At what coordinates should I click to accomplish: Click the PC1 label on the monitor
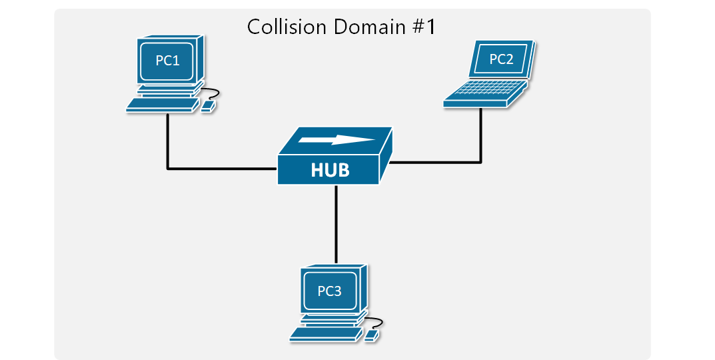click(x=167, y=61)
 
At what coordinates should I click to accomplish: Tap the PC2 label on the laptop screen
click(x=501, y=59)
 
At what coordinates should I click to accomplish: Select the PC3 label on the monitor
click(x=330, y=290)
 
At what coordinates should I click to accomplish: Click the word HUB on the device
click(x=330, y=171)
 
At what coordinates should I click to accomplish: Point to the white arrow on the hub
click(x=337, y=140)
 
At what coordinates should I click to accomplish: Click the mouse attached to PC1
click(x=209, y=105)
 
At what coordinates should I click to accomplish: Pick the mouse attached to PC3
click(x=372, y=334)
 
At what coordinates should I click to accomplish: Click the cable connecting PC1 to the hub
click(x=168, y=153)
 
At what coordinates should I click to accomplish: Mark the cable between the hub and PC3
click(x=337, y=223)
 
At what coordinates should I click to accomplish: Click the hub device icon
click(x=333, y=157)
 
